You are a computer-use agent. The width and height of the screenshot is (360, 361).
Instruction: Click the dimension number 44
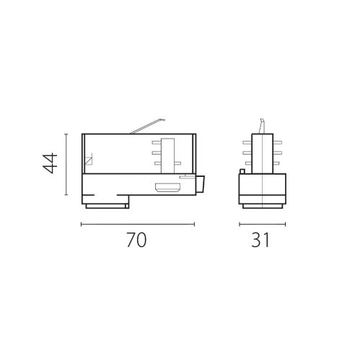(50, 165)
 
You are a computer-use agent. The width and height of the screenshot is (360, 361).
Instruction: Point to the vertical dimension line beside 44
(66, 165)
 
